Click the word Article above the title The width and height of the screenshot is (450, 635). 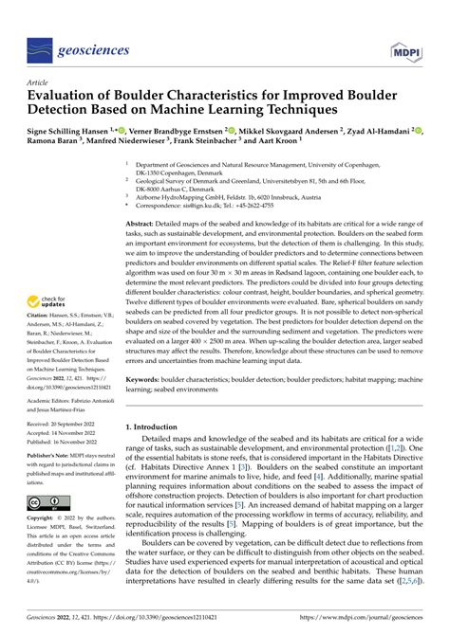(x=41, y=82)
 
